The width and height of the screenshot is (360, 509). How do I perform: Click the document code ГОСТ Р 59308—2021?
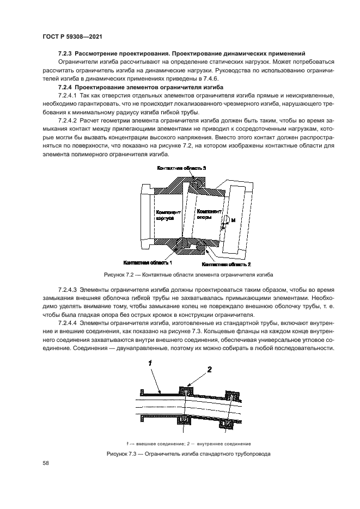(x=73, y=36)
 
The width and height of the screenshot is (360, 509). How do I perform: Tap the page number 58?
(x=46, y=463)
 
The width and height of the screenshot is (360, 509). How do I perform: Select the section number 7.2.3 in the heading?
(x=65, y=53)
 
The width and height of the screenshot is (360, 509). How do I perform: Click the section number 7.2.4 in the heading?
(x=65, y=87)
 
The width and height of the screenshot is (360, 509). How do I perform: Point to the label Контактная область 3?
(x=181, y=169)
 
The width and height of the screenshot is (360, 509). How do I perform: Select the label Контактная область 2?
(x=226, y=264)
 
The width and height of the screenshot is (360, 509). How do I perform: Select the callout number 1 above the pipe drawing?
(x=149, y=361)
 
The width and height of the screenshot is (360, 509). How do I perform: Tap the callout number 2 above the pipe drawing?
(x=209, y=369)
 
